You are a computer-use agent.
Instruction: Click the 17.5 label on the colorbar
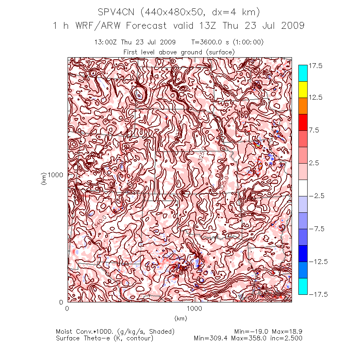[316, 66]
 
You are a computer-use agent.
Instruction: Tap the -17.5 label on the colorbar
[317, 294]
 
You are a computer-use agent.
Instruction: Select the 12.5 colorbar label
[316, 98]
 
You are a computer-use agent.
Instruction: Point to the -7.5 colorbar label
[317, 229]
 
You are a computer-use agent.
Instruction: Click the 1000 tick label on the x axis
[195, 308]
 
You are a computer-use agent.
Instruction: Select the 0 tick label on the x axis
[67, 308]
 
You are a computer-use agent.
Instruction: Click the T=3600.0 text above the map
[207, 42]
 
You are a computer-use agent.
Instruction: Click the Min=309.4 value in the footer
[210, 338]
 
